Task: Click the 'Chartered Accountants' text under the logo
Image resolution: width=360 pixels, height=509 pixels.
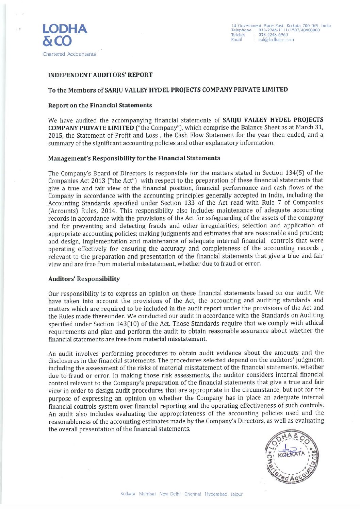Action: (69, 54)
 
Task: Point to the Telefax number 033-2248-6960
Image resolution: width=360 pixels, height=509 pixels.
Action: (273, 35)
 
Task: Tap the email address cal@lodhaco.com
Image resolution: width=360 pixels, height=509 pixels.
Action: (276, 39)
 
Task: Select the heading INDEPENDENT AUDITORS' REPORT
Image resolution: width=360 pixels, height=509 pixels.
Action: (100, 74)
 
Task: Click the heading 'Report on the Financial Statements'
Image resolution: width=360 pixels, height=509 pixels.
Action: (100, 105)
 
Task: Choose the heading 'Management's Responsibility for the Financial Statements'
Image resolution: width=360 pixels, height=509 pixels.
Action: (134, 158)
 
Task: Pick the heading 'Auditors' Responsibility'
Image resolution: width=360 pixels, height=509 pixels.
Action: (84, 279)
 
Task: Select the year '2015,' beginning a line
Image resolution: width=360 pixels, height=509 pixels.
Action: (55, 135)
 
